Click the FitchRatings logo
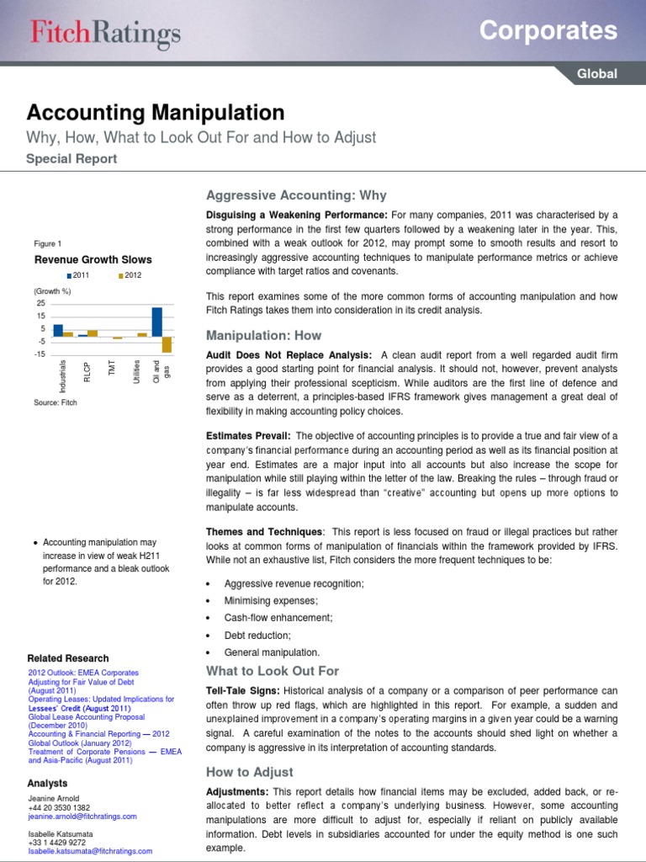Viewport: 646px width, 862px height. (105, 33)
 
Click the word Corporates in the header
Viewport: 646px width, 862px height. (548, 31)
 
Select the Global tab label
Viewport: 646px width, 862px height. (596, 74)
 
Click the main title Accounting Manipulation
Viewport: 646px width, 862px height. (156, 113)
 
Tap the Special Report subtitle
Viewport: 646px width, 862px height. (71, 158)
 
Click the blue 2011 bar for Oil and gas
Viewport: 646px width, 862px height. (156, 322)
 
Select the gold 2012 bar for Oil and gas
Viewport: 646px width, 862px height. (167, 344)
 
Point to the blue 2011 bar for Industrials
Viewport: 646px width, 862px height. (58, 330)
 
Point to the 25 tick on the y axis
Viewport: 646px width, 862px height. (40, 303)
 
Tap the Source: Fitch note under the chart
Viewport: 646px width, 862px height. (56, 403)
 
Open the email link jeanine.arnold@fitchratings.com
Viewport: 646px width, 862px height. (82, 816)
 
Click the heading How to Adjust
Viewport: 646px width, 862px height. (249, 772)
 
